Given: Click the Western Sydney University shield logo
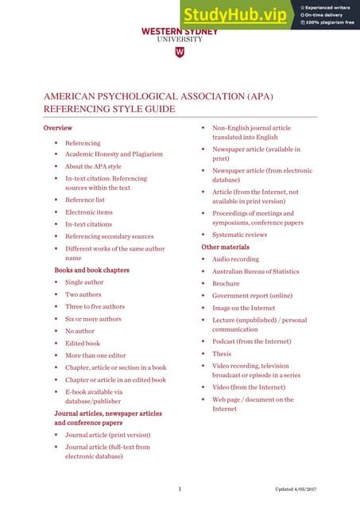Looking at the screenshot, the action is [179, 52].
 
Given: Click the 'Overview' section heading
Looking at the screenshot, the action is [58, 127].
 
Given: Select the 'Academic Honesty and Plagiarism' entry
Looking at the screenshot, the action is [114, 154].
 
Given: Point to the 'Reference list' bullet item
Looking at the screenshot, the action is [84, 200].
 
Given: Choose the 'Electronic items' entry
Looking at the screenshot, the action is [89, 212].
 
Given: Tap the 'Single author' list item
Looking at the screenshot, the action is [84, 282].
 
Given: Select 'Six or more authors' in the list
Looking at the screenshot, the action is [93, 319].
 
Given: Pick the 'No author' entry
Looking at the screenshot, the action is [79, 331].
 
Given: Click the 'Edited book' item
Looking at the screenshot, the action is [83, 343].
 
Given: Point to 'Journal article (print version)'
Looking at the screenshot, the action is [107, 435].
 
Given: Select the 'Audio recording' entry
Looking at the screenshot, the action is [234, 259].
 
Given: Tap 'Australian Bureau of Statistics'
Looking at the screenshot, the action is [255, 271].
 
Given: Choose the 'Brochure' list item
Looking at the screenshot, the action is [226, 283].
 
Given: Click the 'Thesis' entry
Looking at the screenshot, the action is [222, 353].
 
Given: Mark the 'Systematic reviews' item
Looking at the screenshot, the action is [239, 235].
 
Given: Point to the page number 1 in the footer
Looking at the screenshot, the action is [180, 488].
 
